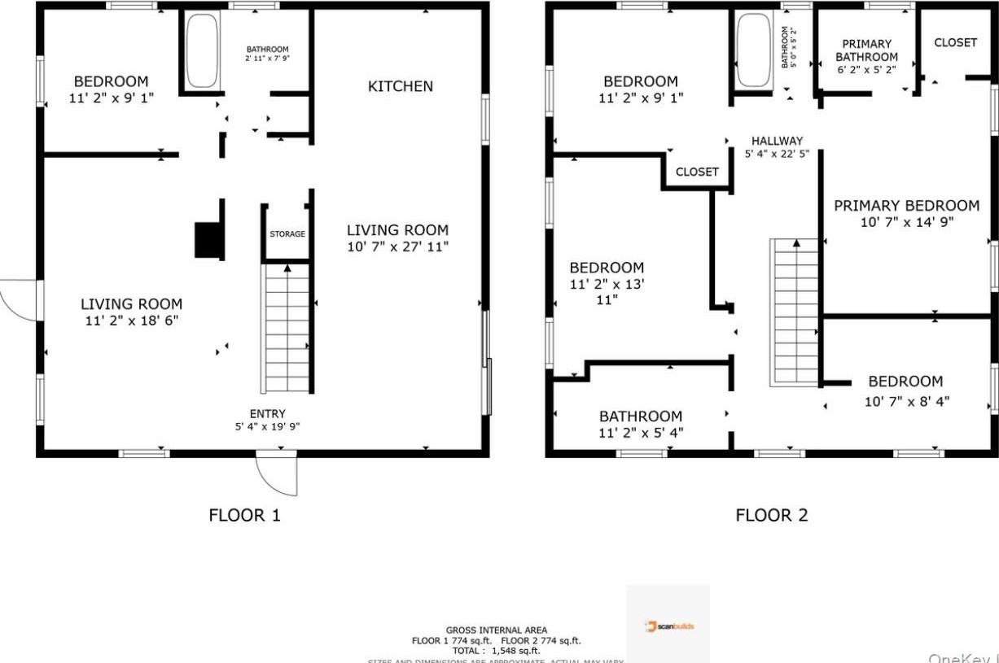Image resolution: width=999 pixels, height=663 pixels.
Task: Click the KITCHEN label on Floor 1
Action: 400,86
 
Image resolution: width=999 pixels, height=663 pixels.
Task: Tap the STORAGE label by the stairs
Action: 287,234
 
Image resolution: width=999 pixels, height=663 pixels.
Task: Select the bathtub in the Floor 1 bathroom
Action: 198,51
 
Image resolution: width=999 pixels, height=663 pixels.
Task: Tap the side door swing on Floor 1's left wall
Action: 19,299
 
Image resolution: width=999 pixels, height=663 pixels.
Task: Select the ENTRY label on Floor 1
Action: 267,414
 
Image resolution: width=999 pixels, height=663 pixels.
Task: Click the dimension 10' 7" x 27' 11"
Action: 397,246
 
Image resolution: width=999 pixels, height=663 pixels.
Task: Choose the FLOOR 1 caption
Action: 244,515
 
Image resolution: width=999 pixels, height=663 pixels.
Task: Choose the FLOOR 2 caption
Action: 771,515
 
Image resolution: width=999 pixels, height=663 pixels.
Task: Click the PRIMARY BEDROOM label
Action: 906,206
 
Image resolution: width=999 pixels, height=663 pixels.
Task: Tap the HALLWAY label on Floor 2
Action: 777,141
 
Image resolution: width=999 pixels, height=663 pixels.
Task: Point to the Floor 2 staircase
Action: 795,313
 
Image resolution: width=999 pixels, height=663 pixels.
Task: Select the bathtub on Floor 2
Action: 753,50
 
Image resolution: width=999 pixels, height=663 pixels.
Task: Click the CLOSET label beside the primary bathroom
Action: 955,42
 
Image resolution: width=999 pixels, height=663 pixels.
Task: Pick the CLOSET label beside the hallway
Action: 697,172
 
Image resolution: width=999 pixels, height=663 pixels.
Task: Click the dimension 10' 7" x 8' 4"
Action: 906,401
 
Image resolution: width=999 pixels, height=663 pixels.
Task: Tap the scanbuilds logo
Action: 669,626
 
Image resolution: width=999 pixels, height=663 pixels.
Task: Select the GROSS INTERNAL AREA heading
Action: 497,630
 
